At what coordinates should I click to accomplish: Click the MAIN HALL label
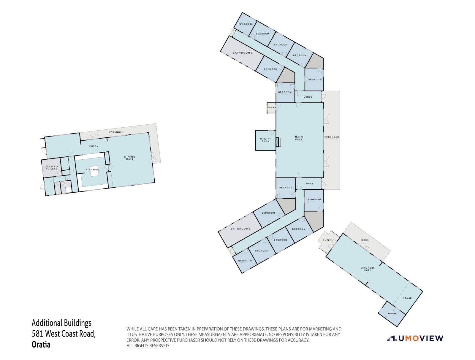299,138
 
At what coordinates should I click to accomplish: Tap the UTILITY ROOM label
265,140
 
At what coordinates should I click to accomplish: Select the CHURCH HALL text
368,269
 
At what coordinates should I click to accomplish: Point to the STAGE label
407,298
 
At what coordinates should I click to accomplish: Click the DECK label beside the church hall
365,240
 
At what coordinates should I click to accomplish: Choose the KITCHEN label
92,170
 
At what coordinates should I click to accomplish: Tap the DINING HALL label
130,158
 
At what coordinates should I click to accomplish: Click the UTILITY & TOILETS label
51,167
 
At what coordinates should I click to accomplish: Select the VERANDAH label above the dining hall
116,132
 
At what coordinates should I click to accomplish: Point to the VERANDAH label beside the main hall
332,137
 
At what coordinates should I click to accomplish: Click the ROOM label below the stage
392,313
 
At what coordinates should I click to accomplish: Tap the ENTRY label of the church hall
327,240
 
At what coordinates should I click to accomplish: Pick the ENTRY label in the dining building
94,146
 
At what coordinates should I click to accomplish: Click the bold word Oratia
41,345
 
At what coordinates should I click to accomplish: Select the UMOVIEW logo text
421,339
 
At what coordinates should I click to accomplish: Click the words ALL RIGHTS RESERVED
147,346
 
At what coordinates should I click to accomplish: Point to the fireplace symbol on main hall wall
278,142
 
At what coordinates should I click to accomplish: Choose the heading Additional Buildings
61,323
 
